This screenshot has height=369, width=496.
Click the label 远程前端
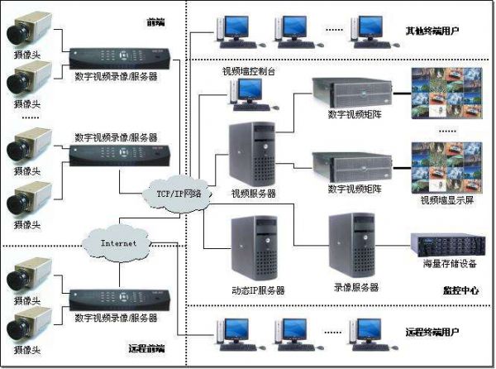click(147, 347)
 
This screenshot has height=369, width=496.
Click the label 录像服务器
click(355, 287)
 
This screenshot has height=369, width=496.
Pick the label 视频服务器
click(254, 194)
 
